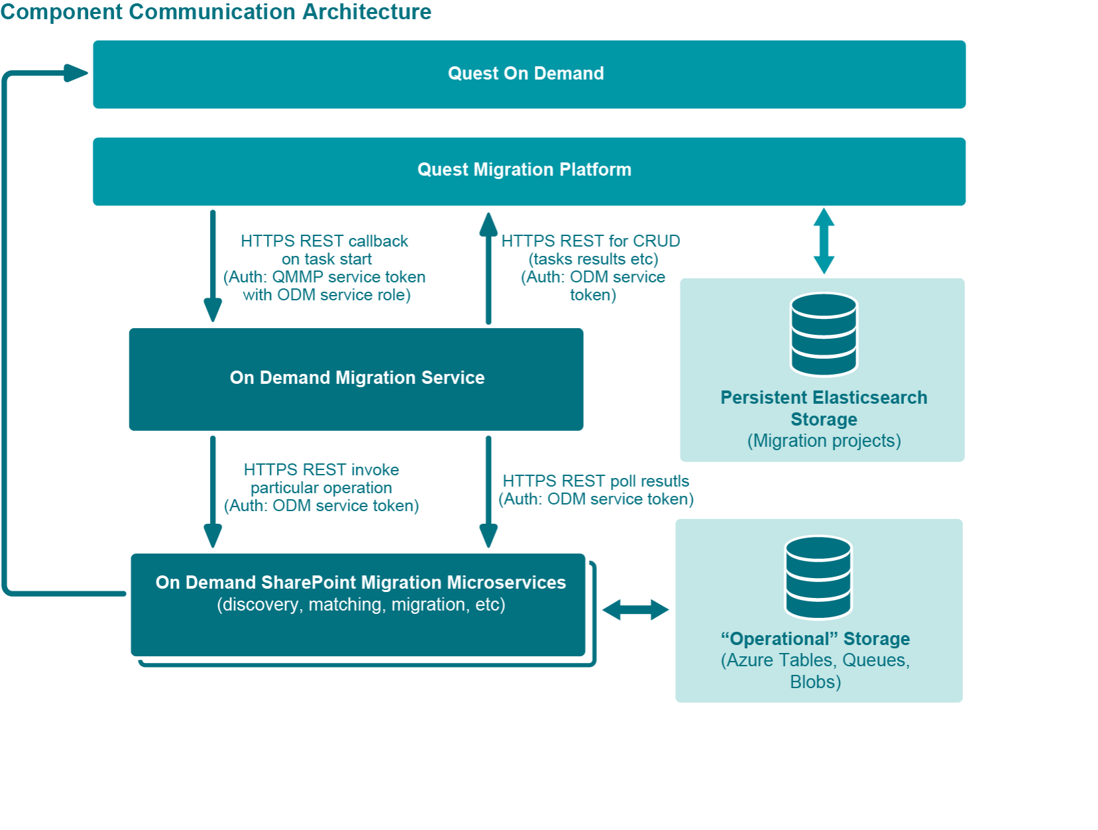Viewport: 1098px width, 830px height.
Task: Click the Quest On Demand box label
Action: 525,73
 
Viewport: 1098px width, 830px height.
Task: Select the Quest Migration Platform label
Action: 524,170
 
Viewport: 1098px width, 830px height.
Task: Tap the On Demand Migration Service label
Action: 357,378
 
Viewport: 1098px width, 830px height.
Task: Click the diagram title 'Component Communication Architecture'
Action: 216,12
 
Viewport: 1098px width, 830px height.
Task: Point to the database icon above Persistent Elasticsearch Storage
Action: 824,335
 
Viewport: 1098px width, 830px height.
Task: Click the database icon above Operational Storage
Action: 818,577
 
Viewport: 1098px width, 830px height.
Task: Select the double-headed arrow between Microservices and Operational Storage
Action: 635,610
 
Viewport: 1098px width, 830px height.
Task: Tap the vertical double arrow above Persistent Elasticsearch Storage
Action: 824,241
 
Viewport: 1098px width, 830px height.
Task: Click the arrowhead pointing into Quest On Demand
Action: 76,73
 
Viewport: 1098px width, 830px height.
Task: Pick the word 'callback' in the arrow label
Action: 378,241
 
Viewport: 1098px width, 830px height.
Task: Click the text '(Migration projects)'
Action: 824,441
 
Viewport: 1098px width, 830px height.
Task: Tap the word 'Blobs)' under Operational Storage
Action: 815,682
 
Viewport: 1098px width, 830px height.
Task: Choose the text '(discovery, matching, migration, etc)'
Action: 361,605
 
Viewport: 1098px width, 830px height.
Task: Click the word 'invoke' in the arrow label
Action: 375,470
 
